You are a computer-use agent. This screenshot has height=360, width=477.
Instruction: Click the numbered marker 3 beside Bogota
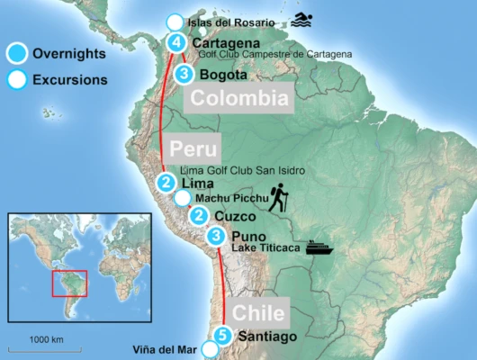[x=184, y=75]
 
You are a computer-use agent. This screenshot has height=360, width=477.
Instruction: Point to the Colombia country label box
[x=238, y=99]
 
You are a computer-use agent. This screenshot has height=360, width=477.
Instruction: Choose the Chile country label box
[x=259, y=313]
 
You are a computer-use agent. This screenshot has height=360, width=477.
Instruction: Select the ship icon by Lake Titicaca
[x=321, y=246]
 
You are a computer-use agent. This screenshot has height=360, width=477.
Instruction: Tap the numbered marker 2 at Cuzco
[x=199, y=215]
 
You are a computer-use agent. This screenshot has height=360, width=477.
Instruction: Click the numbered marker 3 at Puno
[x=216, y=237]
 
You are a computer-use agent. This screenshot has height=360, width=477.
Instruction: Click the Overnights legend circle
[x=15, y=53]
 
